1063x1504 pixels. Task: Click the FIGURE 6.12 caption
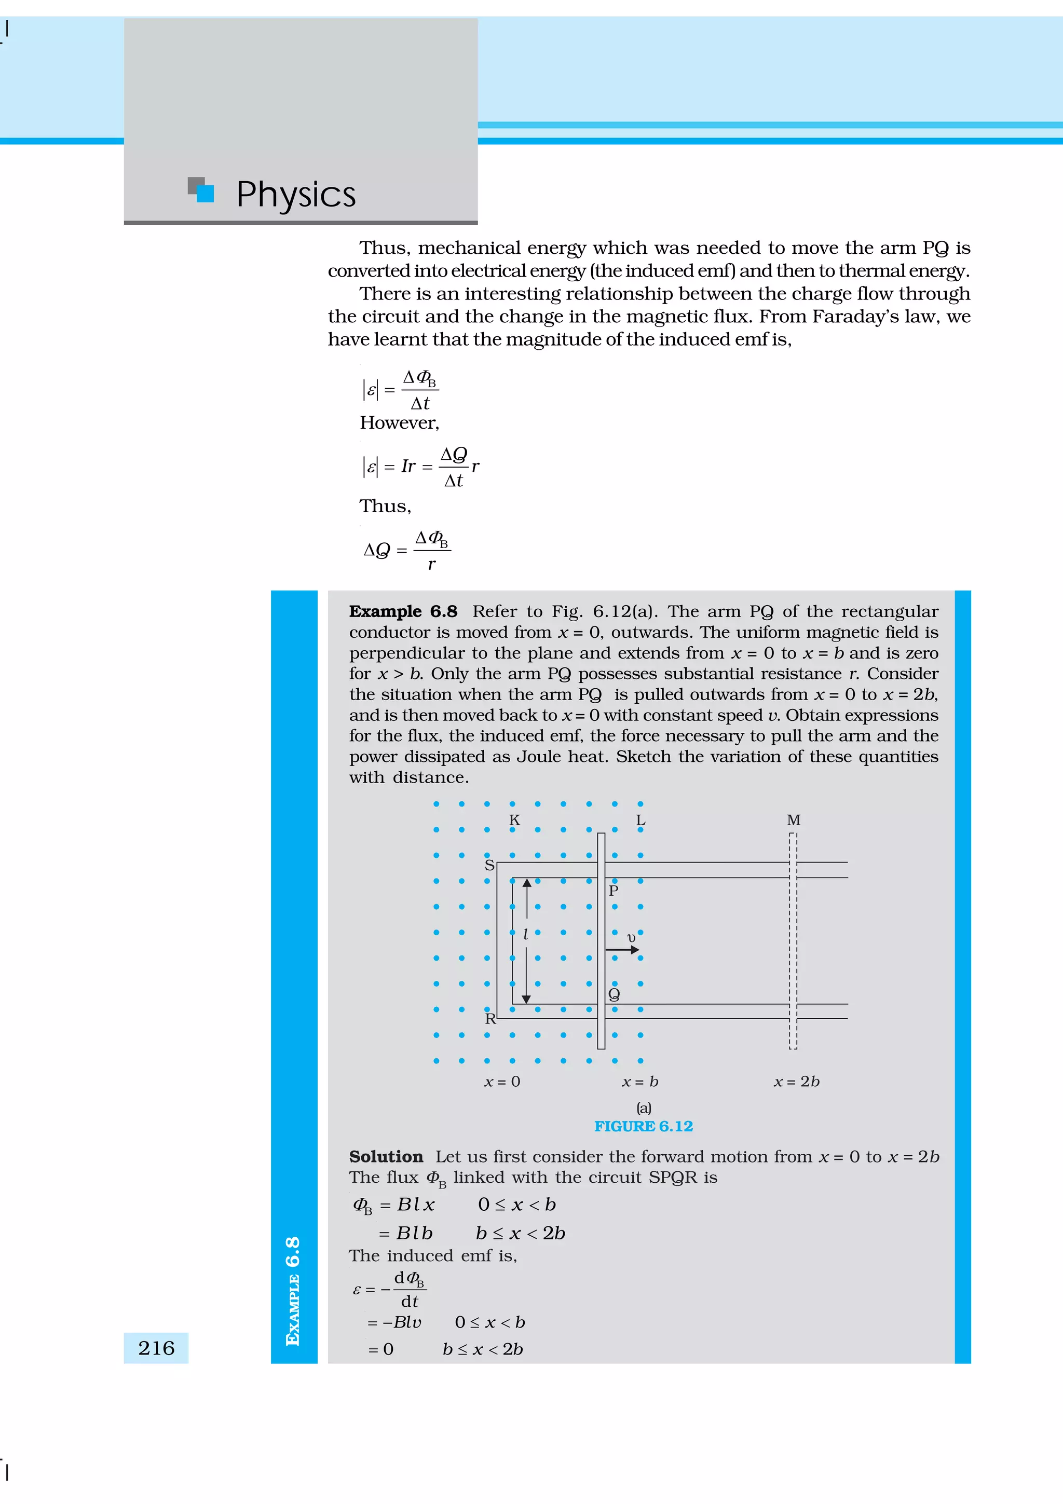coord(643,1126)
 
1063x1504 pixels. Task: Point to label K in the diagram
coord(514,820)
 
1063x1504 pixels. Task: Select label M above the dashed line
coord(793,820)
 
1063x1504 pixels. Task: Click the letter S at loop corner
coord(488,865)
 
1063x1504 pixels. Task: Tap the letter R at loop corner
coord(490,1019)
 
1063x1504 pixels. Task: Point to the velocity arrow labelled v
coord(622,949)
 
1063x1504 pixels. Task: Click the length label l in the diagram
coord(525,935)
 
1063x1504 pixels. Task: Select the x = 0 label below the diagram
coord(502,1082)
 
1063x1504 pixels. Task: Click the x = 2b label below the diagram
coord(796,1082)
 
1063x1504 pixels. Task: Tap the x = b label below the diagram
coord(640,1082)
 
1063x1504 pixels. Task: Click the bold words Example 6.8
coord(403,611)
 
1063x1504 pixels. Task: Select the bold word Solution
coord(386,1157)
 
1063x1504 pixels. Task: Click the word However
coord(399,423)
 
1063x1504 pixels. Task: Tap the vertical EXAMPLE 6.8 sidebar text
coord(293,1291)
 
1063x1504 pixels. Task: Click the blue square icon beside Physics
coord(205,193)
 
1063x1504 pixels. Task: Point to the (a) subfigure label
coord(644,1108)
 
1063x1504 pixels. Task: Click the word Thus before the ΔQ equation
coord(385,507)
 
